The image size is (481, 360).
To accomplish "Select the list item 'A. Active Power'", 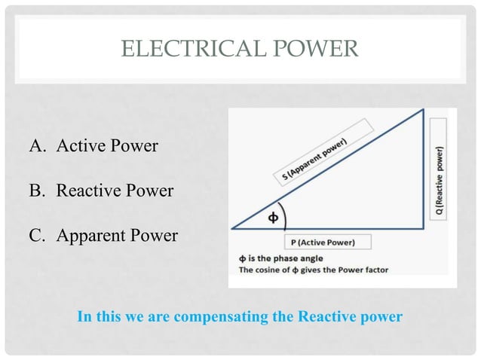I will pyautogui.click(x=94, y=145).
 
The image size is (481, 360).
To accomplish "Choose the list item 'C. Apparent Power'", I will pyautogui.click(x=104, y=236).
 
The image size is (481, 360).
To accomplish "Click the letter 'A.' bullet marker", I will pyautogui.click(x=38, y=145).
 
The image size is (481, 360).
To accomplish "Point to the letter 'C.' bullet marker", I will pyautogui.click(x=38, y=236).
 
